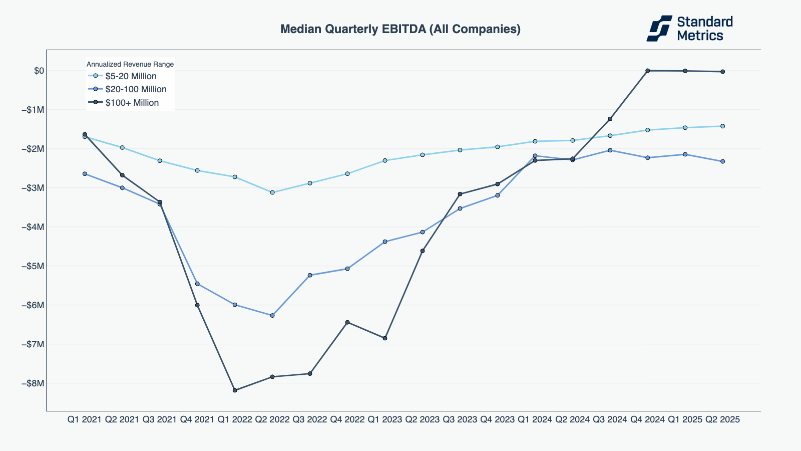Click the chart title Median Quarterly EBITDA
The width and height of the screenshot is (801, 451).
(x=400, y=29)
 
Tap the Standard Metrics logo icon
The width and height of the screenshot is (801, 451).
(x=659, y=28)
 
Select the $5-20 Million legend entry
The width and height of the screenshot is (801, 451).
(x=131, y=76)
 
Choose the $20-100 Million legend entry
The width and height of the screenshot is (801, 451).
(x=136, y=89)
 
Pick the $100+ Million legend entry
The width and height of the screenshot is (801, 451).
(x=132, y=103)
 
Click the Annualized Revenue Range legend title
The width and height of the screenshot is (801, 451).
(x=130, y=64)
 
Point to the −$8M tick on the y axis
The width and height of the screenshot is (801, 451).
(x=33, y=383)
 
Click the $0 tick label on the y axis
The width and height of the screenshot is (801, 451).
(x=39, y=71)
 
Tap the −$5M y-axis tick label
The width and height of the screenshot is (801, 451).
(x=33, y=266)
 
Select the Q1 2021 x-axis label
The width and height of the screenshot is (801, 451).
(x=85, y=419)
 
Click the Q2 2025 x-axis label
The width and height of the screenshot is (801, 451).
(x=722, y=419)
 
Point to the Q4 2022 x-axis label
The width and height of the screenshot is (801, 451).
(x=347, y=419)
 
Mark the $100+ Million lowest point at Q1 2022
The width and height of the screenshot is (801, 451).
(x=235, y=390)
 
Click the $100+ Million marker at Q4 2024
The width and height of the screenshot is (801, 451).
(x=647, y=71)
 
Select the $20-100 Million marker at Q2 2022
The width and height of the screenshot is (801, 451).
(x=272, y=316)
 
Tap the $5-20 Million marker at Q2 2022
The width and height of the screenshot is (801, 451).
(x=272, y=192)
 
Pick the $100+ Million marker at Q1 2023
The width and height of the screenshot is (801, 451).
(x=385, y=338)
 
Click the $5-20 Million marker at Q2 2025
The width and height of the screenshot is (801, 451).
(x=722, y=126)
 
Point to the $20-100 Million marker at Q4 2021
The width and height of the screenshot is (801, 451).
(x=197, y=284)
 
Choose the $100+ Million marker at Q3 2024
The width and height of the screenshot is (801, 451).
(x=610, y=119)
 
